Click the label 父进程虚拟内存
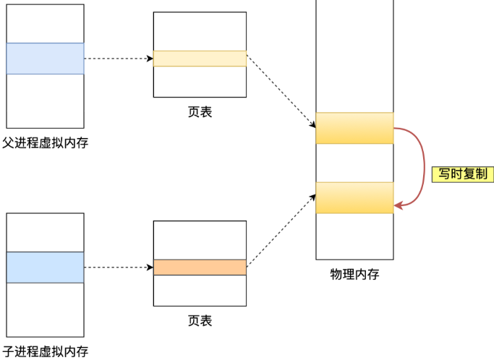pos(45,142)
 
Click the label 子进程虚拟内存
pos(45,352)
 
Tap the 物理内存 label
pos(354,274)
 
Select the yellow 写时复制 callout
pos(462,174)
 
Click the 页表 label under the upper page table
pos(200,112)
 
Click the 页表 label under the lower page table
pos(200,320)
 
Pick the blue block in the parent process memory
pos(45,59)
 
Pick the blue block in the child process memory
pos(45,267)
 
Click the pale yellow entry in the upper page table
pos(200,59)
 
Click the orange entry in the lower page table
pos(200,267)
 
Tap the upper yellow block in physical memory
pos(354,128)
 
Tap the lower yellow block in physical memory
pos(354,197)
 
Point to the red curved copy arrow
pos(423,163)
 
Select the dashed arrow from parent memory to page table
pos(118,59)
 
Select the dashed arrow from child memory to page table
pos(118,267)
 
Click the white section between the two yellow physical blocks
pos(354,163)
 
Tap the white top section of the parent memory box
pos(45,24)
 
